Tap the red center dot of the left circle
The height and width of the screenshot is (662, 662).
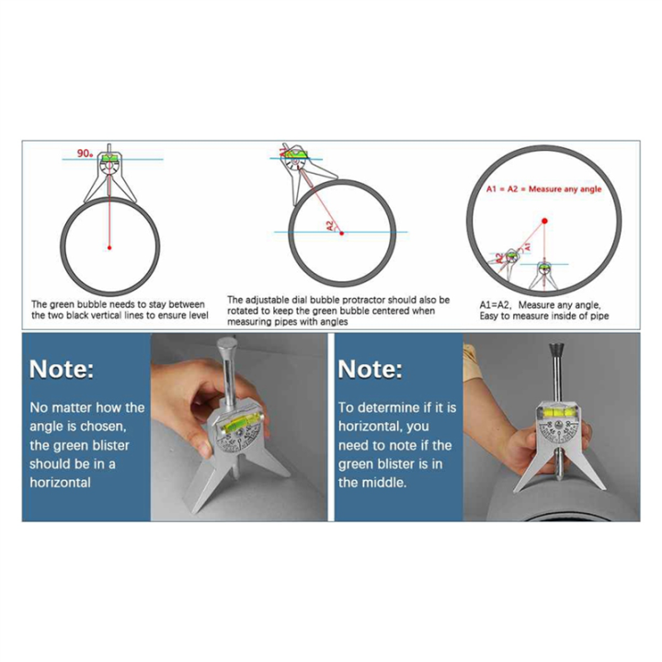tap(109, 248)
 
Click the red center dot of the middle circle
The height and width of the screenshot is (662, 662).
tap(342, 233)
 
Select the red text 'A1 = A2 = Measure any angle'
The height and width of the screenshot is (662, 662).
tap(543, 189)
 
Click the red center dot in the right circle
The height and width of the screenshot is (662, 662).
tap(544, 221)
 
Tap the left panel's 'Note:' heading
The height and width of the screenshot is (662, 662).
tap(62, 370)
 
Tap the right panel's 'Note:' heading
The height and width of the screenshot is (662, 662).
tap(370, 370)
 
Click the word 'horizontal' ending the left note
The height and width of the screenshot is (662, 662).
tap(61, 483)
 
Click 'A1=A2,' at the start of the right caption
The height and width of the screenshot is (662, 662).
tap(496, 303)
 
